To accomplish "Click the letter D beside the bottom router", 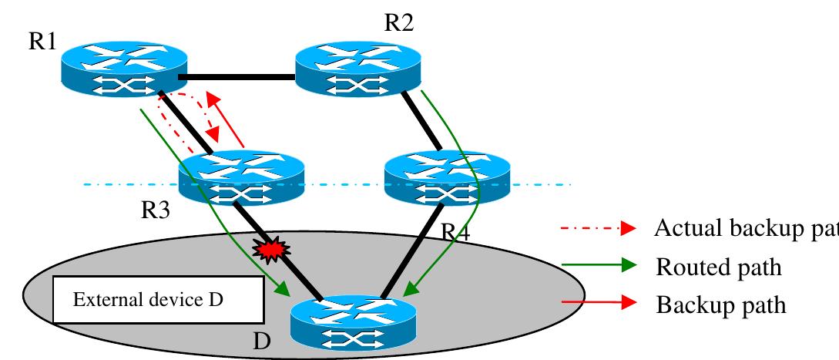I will click(x=263, y=342).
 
